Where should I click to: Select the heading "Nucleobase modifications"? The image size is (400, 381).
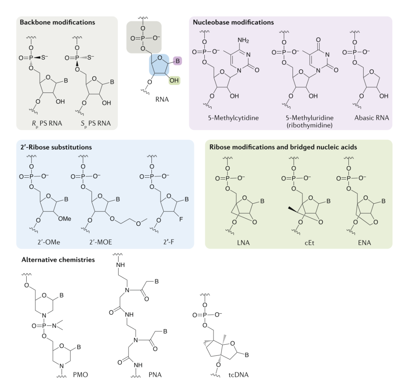tap(233, 22)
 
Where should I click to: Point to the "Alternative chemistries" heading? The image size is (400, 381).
tap(55, 260)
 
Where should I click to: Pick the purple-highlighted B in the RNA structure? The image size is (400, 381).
tap(177, 60)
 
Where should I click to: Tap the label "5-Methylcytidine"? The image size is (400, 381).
tap(233, 119)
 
